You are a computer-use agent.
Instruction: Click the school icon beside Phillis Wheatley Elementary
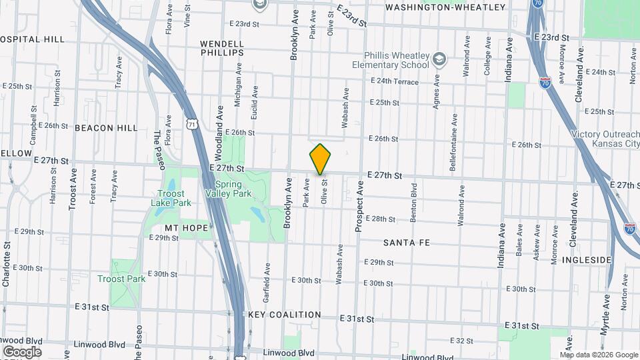tap(439, 60)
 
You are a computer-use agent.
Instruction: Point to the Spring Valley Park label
tap(233, 189)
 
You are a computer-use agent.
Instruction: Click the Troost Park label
tap(121, 279)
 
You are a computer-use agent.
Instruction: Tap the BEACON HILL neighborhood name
tap(106, 128)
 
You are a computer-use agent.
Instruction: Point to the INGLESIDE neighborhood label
tap(587, 259)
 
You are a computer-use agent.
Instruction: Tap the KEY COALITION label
tap(285, 315)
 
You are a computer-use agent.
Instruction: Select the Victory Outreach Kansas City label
tap(605, 139)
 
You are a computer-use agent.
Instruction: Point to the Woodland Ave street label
tap(219, 120)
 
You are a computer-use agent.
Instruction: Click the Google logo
tap(22, 351)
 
